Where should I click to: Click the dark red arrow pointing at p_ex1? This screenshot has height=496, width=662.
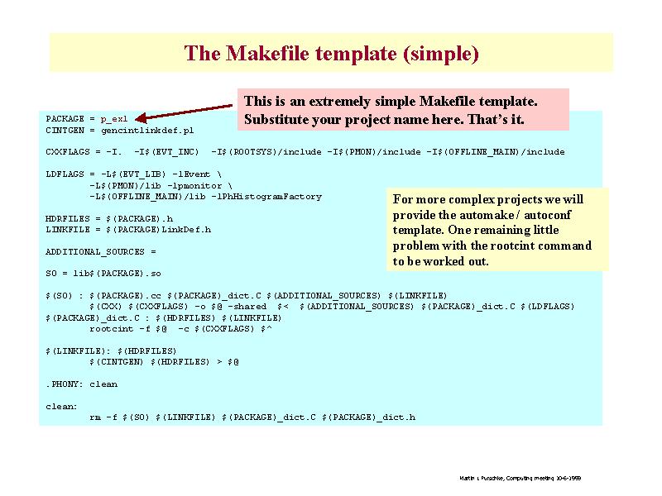(184, 112)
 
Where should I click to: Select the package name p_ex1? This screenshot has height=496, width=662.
(114, 119)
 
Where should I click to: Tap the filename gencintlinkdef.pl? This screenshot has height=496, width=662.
(147, 131)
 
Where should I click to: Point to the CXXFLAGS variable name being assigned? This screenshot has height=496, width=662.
(68, 152)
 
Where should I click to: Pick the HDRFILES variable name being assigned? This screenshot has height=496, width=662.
(68, 218)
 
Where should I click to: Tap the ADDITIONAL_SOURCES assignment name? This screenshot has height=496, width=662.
(95, 252)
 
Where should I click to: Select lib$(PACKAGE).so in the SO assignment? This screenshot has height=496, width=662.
(117, 274)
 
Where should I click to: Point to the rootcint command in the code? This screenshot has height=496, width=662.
(112, 329)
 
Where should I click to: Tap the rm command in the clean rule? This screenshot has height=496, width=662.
(95, 417)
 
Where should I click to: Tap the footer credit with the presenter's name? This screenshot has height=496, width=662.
(520, 478)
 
